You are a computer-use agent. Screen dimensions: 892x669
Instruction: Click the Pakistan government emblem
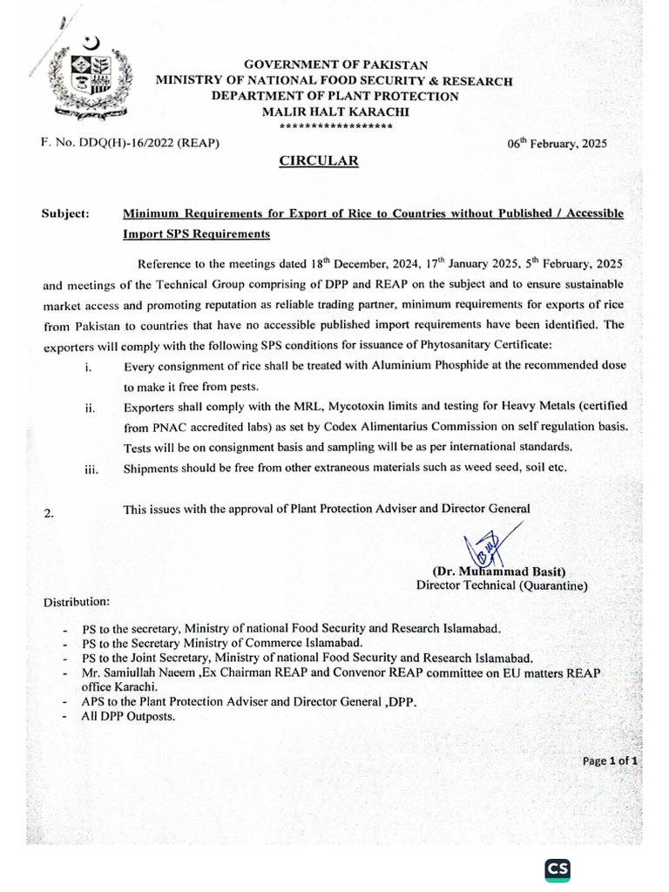pos(88,77)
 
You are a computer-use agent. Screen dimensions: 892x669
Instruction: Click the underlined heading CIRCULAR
pos(318,161)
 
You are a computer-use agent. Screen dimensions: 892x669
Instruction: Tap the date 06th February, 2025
pos(557,144)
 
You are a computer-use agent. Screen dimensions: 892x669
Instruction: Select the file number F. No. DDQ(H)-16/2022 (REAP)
pos(130,142)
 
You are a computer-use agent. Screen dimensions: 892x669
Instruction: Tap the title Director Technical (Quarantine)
pos(502,586)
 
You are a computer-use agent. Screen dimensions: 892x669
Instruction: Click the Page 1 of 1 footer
pos(611,760)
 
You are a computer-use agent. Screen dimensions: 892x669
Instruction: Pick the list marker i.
pos(89,368)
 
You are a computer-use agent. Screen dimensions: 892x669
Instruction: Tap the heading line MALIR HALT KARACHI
pos(334,111)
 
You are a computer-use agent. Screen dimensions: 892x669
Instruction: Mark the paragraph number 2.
pos(49,514)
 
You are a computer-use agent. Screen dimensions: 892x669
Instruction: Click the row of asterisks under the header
pos(334,125)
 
